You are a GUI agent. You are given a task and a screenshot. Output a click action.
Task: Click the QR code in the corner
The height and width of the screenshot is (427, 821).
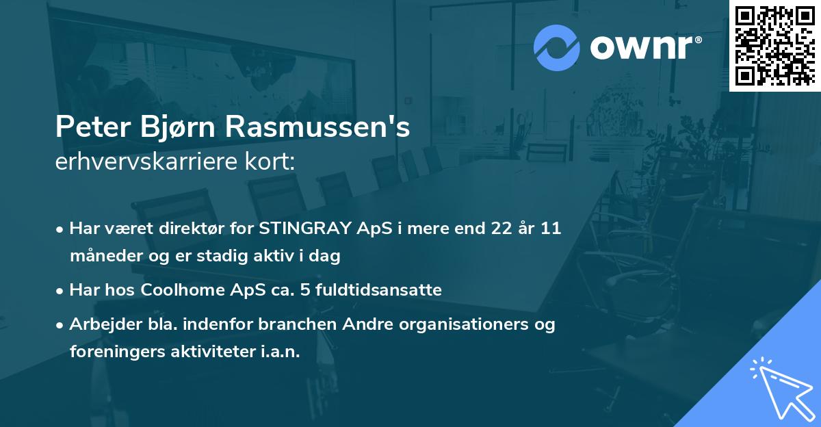pyautogui.click(x=775, y=46)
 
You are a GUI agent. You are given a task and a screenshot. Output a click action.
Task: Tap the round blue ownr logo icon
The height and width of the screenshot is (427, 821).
pyautogui.click(x=557, y=47)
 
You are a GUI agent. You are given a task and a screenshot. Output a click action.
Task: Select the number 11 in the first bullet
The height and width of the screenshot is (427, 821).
pyautogui.click(x=551, y=229)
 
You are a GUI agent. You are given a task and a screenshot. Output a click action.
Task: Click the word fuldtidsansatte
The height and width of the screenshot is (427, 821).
pyautogui.click(x=385, y=289)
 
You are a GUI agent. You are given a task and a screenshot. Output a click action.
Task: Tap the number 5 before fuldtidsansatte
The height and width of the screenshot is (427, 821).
pyautogui.click(x=310, y=289)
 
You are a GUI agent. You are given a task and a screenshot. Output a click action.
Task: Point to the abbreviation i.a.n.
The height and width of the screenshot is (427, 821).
pyautogui.click(x=281, y=351)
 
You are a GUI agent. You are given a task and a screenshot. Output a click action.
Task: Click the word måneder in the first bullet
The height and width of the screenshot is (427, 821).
pyautogui.click(x=102, y=256)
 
